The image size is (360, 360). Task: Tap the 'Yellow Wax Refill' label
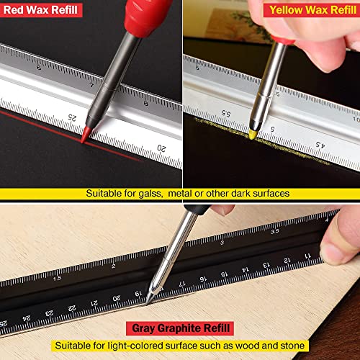tap(311, 10)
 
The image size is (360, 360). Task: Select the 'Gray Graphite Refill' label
tap(181, 328)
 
